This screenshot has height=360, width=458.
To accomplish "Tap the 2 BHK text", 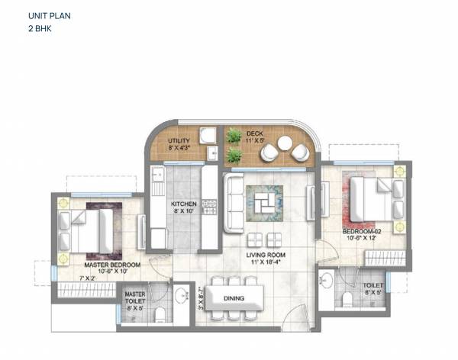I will coord(37,28).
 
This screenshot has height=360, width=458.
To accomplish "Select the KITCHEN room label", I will coord(185,204).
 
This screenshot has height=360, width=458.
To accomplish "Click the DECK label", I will coord(254,133).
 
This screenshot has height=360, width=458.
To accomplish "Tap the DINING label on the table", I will coord(234,297).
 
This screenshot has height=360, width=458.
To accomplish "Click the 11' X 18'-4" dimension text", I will coord(263,263).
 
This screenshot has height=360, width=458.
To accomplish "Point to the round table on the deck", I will coord(284,143).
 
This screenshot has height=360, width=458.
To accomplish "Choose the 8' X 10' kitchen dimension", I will coord(185,211).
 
